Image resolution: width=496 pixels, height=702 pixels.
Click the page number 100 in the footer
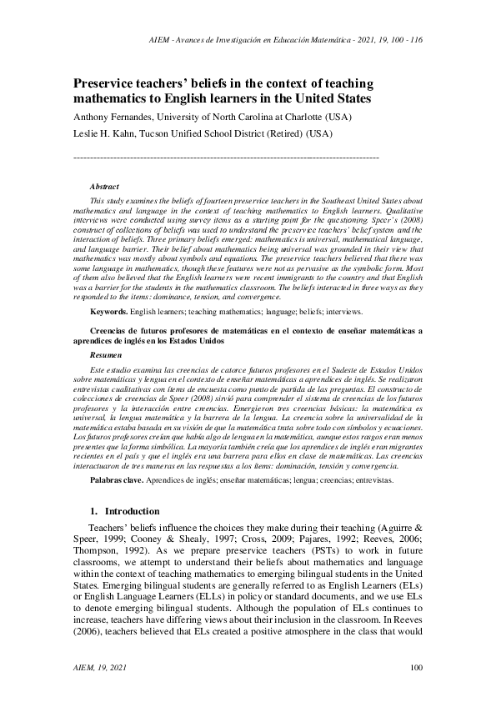pyautogui.click(x=417, y=667)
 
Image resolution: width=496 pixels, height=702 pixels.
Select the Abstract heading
pyautogui.click(x=103, y=187)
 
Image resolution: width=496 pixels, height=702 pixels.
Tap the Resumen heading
pyautogui.click(x=105, y=355)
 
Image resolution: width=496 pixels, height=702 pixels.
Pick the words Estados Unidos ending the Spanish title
pyautogui.click(x=197, y=341)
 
